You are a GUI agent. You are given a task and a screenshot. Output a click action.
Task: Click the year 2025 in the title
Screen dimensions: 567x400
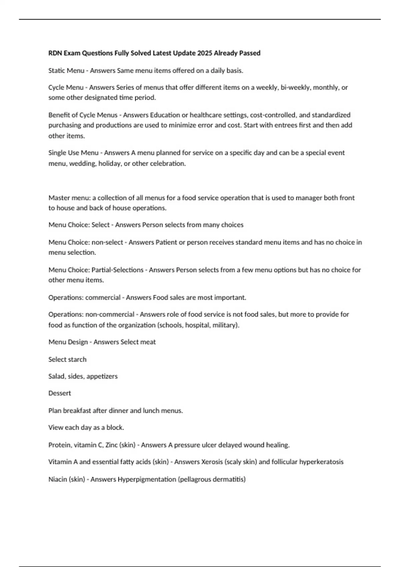coord(204,53)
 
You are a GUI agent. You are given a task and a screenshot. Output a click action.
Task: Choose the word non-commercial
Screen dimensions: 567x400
coord(110,315)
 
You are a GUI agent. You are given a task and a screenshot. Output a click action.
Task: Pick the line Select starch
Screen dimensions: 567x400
coord(67,360)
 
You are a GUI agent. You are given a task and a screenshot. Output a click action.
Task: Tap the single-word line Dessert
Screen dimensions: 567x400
coord(60,393)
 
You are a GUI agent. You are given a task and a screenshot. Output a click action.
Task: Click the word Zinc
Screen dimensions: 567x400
coord(111,445)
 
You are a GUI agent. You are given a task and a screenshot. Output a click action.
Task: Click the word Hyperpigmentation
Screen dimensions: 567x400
coord(147,479)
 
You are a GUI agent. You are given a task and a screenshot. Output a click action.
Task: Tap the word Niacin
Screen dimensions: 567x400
coord(57,479)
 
